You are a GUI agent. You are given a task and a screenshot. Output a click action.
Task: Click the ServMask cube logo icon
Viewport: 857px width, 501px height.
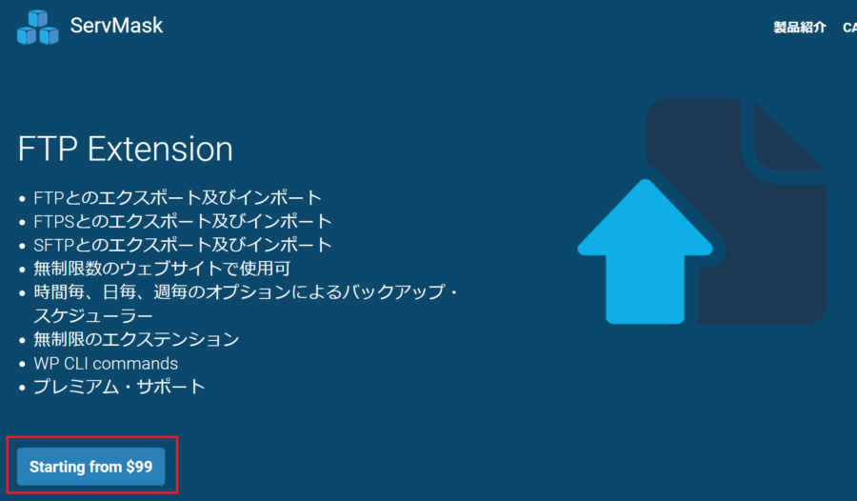tap(38, 27)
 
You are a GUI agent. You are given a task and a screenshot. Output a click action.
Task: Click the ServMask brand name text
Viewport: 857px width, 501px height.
tap(116, 25)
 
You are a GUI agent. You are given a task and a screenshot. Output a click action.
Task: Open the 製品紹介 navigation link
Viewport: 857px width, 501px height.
tap(800, 28)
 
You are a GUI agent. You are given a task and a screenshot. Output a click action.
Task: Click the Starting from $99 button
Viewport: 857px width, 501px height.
tap(90, 467)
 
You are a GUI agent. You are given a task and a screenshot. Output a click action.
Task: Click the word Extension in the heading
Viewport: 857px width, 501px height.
tap(160, 149)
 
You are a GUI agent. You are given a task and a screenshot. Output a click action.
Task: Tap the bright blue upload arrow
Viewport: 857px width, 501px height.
tap(646, 251)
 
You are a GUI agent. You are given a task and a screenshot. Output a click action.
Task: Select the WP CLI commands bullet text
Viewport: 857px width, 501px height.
tap(106, 363)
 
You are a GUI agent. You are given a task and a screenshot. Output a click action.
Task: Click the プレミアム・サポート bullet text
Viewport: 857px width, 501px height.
tap(119, 387)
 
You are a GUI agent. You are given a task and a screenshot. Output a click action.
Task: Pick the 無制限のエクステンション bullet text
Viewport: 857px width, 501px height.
tap(136, 340)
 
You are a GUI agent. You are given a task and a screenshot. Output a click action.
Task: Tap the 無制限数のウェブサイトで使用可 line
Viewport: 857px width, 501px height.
tap(162, 269)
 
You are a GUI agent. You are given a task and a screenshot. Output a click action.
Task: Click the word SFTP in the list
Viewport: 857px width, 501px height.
tap(53, 245)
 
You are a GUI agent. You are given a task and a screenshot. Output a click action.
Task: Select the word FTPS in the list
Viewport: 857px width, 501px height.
tap(53, 222)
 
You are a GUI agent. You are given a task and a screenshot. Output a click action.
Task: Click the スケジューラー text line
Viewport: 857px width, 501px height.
tap(93, 315)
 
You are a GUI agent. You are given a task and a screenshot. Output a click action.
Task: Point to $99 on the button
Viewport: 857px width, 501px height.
tap(139, 467)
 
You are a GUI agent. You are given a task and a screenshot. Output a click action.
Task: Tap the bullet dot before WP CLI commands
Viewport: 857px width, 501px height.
tap(22, 364)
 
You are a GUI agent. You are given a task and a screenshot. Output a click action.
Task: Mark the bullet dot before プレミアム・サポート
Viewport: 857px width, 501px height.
tap(22, 388)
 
